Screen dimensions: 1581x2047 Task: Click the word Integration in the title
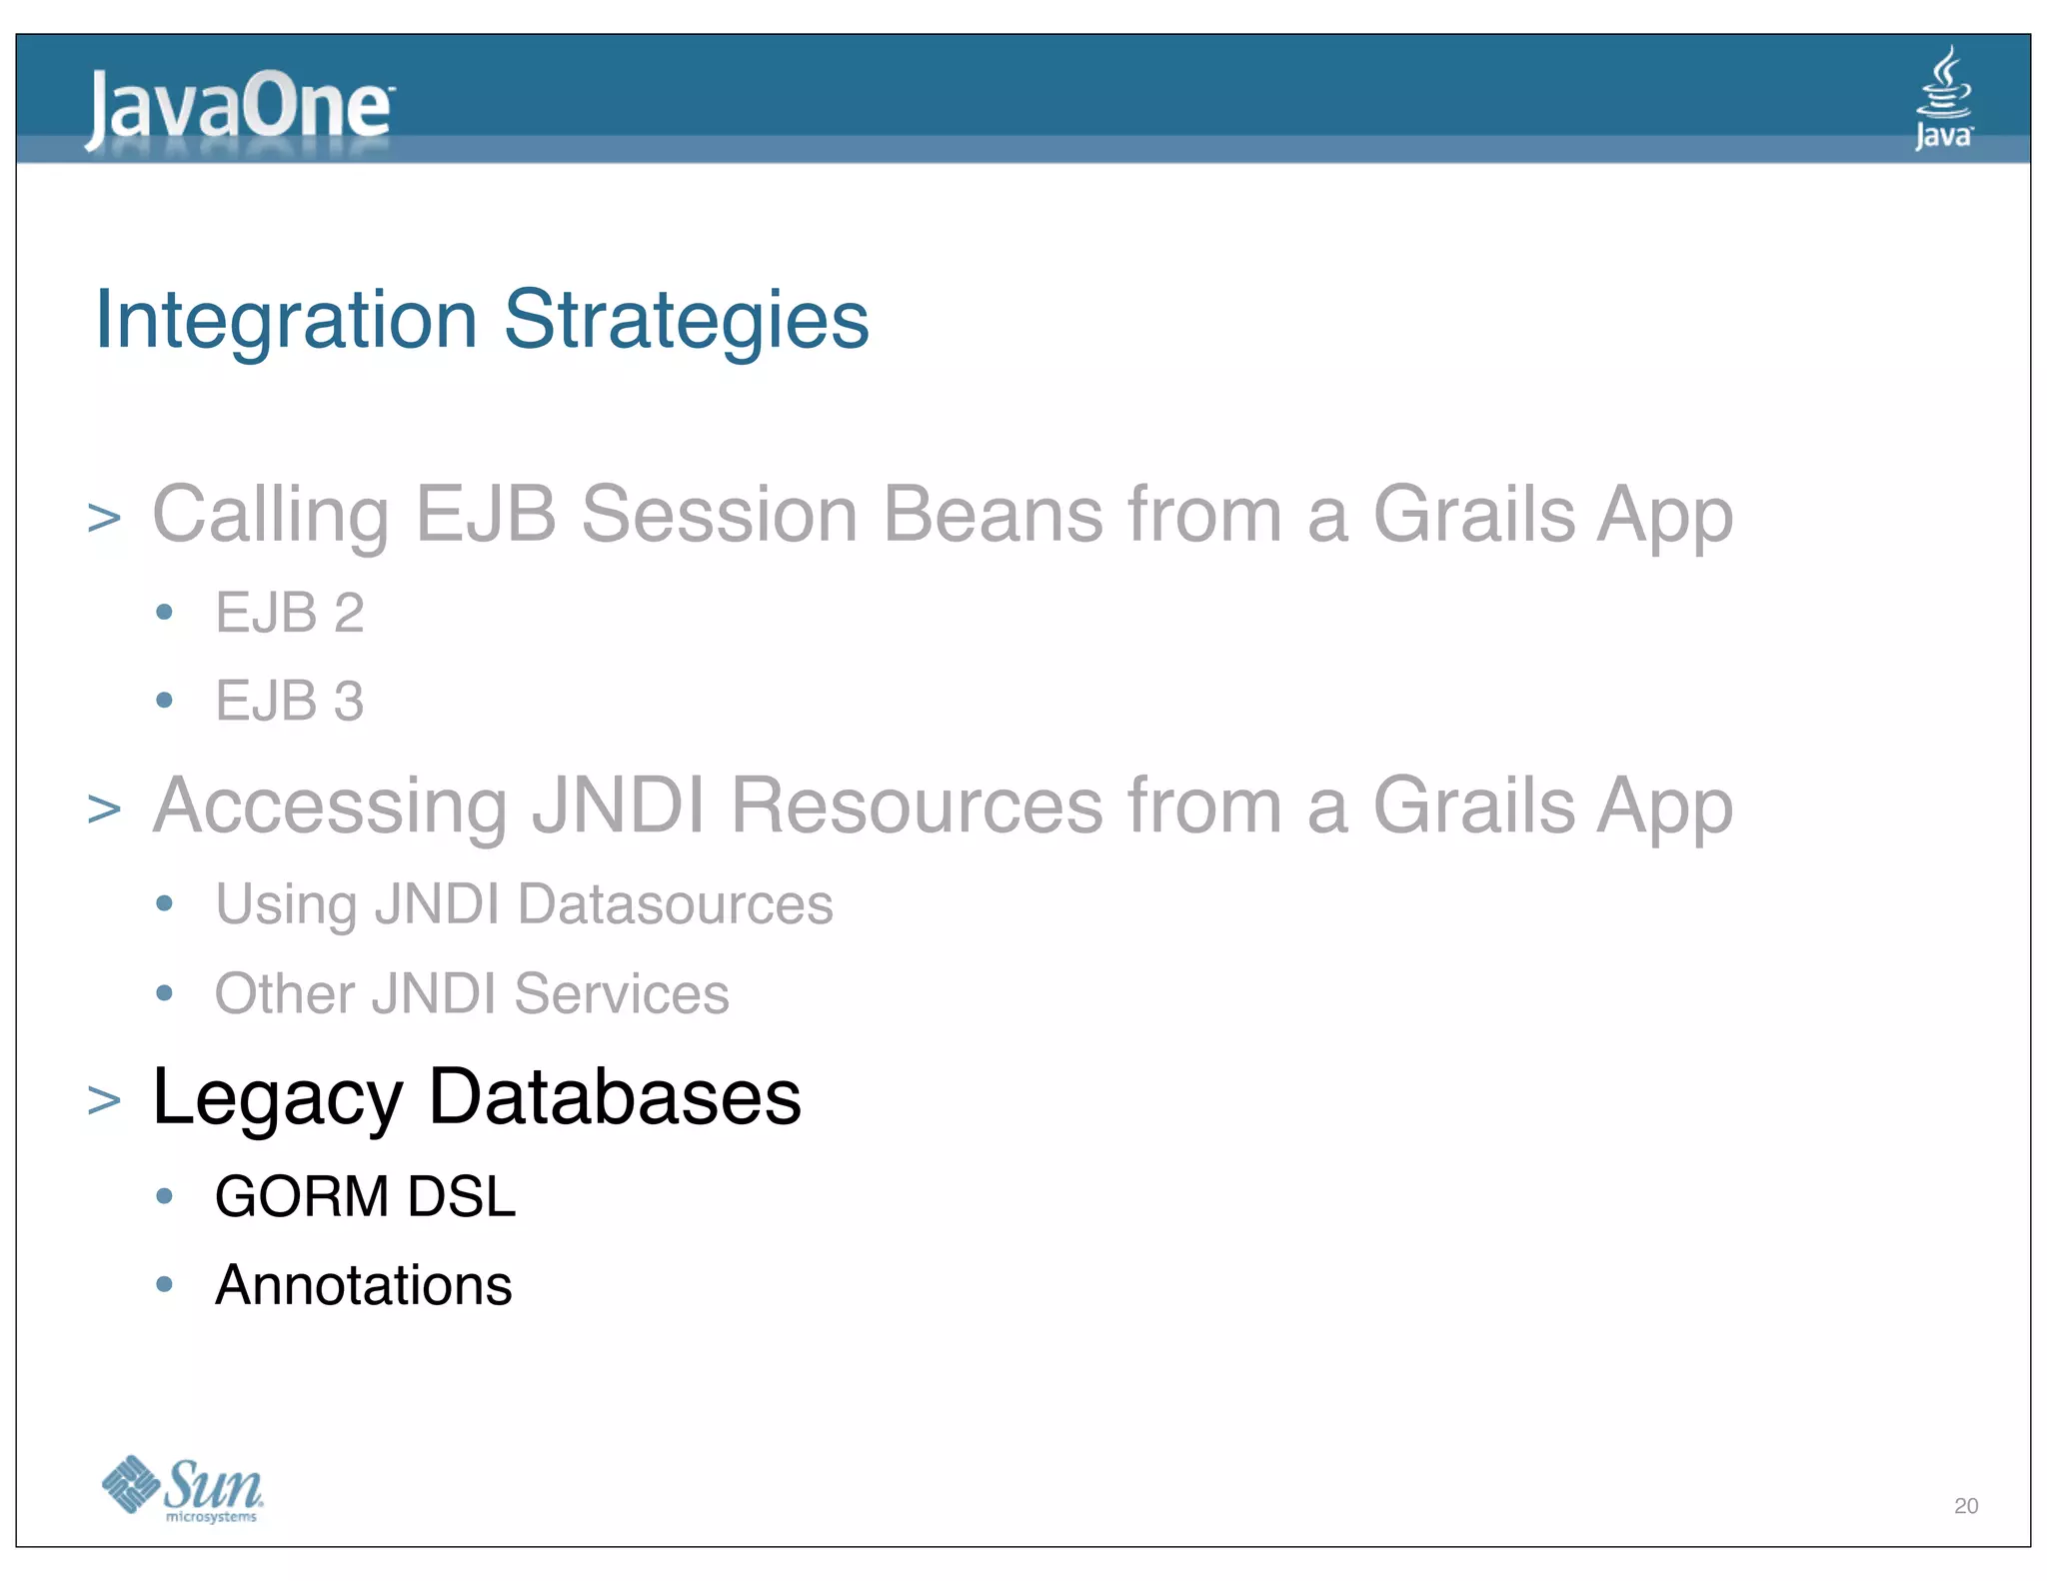(286, 320)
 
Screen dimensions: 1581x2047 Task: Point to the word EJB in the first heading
(485, 514)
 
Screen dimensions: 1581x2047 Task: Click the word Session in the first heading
(720, 514)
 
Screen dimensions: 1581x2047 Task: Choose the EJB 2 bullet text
(289, 613)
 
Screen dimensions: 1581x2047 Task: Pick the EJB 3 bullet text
(289, 701)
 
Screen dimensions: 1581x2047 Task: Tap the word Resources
(917, 805)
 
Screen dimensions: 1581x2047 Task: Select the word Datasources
(675, 904)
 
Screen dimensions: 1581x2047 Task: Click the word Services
(621, 993)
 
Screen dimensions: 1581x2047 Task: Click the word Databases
(615, 1097)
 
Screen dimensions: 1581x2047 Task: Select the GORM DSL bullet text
(365, 1196)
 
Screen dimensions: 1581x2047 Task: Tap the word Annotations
(363, 1285)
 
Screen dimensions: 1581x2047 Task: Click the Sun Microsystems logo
(183, 1488)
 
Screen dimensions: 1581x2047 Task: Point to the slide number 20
(1965, 1506)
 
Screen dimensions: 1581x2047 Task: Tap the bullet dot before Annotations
(165, 1284)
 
